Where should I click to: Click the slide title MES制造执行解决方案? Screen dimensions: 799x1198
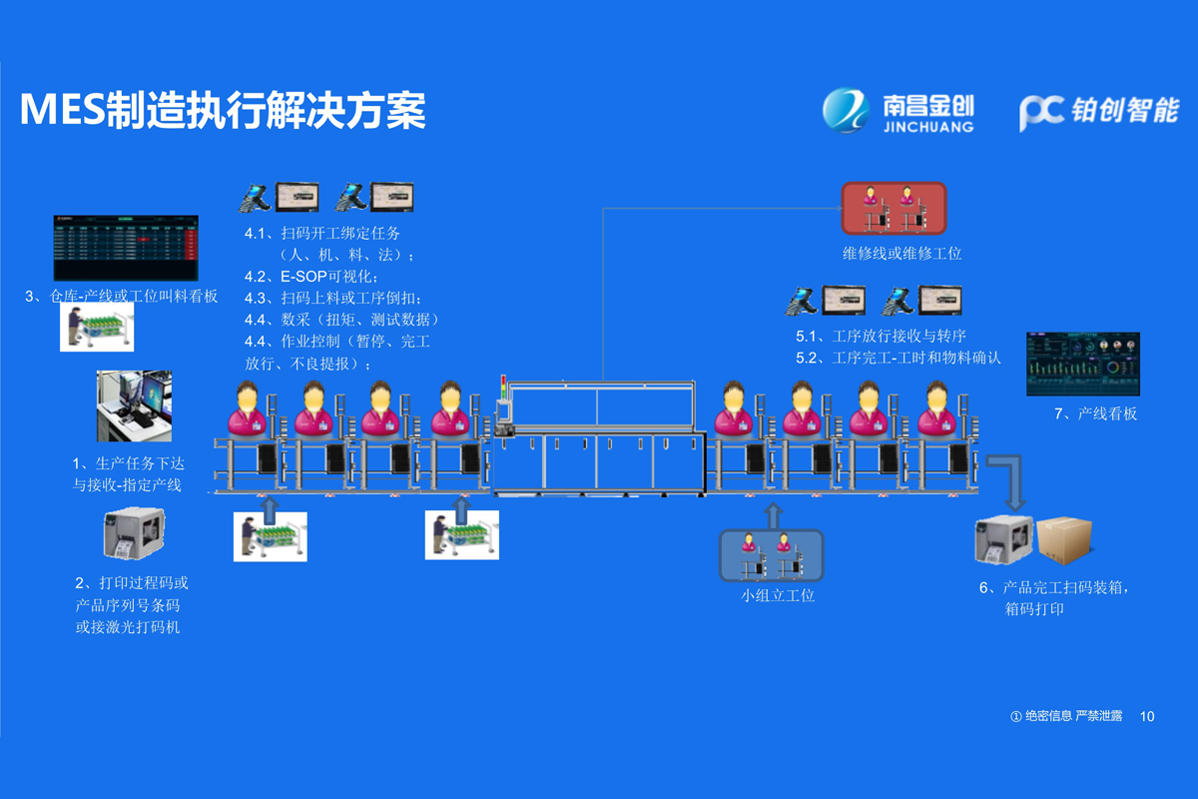[x=223, y=110]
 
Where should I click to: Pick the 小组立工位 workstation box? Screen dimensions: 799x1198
[x=772, y=555]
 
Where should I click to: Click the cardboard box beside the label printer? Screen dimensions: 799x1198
[x=1064, y=540]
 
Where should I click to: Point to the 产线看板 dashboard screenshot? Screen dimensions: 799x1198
[x=1082, y=364]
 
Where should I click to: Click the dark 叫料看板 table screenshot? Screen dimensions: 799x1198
[x=125, y=248]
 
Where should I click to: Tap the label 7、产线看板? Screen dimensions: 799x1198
[x=1095, y=413]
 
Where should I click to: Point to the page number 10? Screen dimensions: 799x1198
[x=1146, y=716]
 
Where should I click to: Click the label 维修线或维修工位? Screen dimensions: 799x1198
[x=901, y=254]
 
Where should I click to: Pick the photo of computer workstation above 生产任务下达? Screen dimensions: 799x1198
[x=134, y=405]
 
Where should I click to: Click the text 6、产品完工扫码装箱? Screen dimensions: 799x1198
[x=1055, y=587]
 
